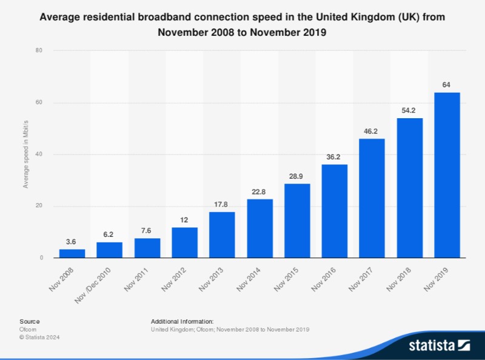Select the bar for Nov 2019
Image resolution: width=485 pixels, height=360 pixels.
pyautogui.click(x=447, y=175)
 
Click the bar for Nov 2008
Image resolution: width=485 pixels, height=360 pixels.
pyautogui.click(x=72, y=253)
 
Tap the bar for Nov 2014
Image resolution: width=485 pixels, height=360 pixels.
pyautogui.click(x=259, y=228)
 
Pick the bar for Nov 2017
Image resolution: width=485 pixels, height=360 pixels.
pyautogui.click(x=372, y=198)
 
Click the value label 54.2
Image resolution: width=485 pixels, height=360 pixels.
pyautogui.click(x=409, y=110)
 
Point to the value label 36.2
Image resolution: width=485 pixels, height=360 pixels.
pyautogui.click(x=335, y=157)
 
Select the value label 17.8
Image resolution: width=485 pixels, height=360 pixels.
pyautogui.click(x=222, y=204)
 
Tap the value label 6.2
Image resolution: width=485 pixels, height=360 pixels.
pyautogui.click(x=109, y=235)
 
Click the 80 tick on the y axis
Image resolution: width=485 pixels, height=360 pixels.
pyautogui.click(x=38, y=51)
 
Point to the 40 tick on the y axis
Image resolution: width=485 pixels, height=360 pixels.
pyautogui.click(x=38, y=155)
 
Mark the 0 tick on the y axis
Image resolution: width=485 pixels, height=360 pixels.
pyautogui.click(x=40, y=258)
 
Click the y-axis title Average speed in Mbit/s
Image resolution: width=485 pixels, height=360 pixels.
pyautogui.click(x=25, y=155)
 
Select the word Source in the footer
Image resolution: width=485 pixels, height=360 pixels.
pyautogui.click(x=29, y=321)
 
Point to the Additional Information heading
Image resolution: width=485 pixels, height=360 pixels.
pyautogui.click(x=182, y=321)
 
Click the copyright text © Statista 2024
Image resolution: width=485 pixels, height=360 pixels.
pyautogui.click(x=40, y=337)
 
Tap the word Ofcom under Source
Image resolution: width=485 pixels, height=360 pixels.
pyautogui.click(x=28, y=329)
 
